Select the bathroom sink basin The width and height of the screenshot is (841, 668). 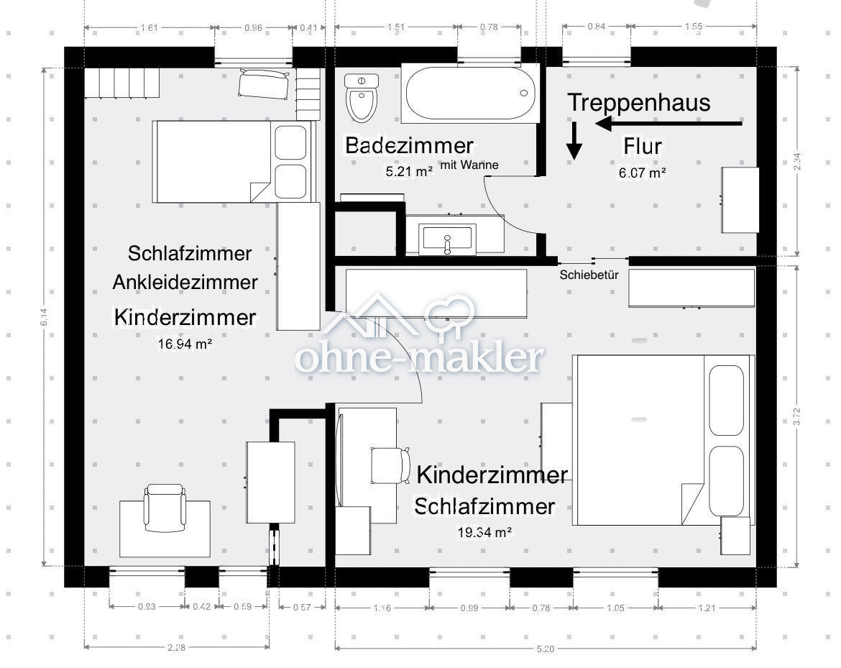(x=447, y=237)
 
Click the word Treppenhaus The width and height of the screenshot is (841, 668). (x=638, y=102)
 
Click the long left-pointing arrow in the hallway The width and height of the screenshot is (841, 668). (x=668, y=124)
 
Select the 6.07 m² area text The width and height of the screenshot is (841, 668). (x=642, y=173)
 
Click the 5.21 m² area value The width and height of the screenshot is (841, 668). (x=409, y=171)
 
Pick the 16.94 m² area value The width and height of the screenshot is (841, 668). (x=185, y=344)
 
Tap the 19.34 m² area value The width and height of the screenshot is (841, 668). (x=484, y=532)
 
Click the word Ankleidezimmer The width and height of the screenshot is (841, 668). (x=185, y=283)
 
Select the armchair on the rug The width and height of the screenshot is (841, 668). (x=165, y=508)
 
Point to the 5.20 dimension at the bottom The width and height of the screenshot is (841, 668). (x=546, y=649)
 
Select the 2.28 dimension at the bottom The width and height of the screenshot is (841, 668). (x=176, y=648)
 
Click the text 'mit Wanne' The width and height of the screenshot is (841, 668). (x=469, y=165)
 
